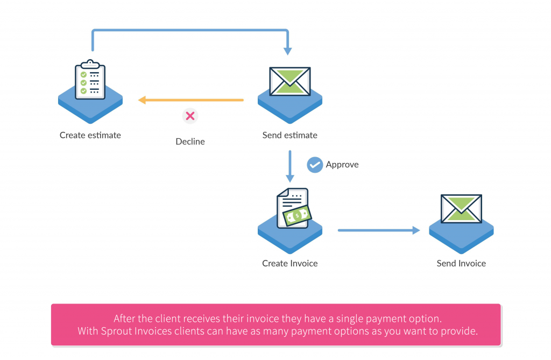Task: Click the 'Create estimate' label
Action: tap(90, 136)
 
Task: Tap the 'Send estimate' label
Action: tap(290, 136)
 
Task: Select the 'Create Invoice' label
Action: tap(290, 264)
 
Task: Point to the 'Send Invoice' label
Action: tap(461, 264)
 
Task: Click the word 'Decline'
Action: tap(190, 142)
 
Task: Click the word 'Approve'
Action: tap(342, 165)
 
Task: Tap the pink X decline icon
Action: tap(190, 116)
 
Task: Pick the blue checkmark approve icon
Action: tap(315, 165)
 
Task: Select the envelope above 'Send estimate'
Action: tap(290, 81)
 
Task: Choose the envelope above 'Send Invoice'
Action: tap(461, 209)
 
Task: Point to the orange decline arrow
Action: tap(191, 100)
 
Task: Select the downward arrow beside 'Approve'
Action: tap(290, 167)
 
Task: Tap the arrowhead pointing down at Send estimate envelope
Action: tap(288, 51)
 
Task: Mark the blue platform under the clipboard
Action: tap(90, 108)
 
